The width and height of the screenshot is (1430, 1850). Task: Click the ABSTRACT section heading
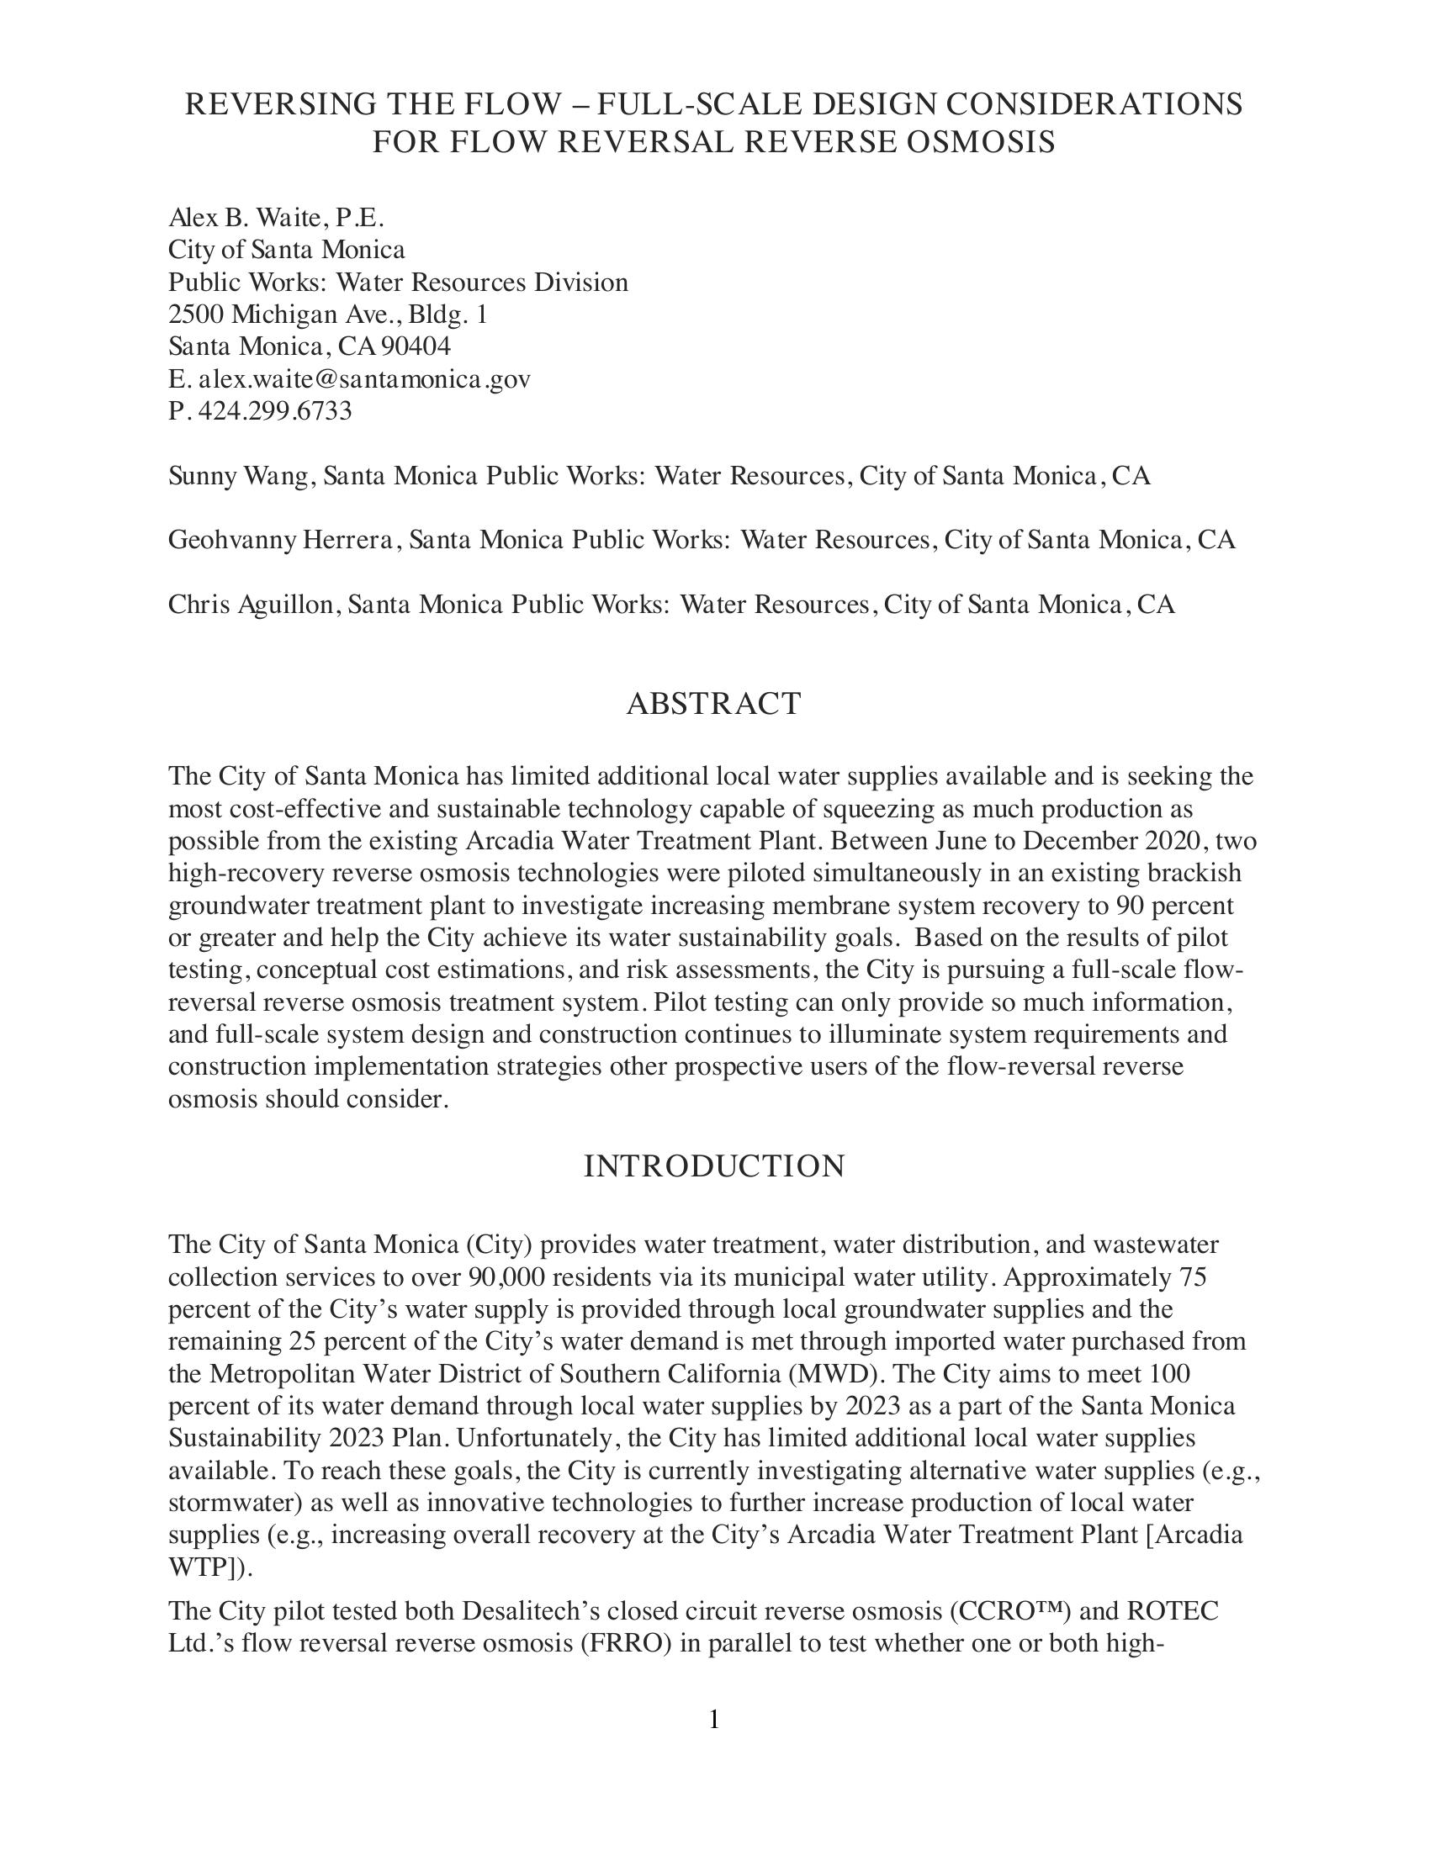point(713,704)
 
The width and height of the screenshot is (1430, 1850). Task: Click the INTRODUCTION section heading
point(713,1166)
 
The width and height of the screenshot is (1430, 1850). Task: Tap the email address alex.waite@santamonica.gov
point(364,378)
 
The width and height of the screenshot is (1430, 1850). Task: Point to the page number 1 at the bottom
point(714,1719)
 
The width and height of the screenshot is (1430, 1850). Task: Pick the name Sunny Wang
point(241,476)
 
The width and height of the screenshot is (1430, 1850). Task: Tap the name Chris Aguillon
point(254,604)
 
